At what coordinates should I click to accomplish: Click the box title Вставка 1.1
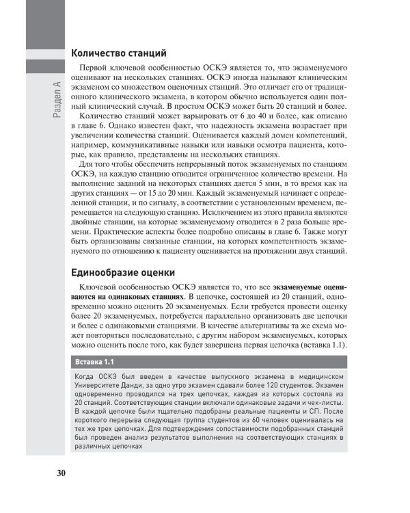94,361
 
